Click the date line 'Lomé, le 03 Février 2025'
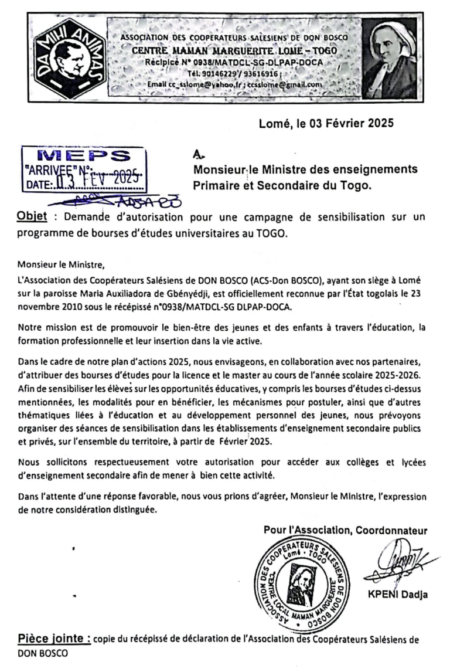click(x=327, y=124)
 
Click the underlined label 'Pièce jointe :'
click(x=53, y=639)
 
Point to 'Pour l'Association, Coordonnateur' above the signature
click(x=346, y=531)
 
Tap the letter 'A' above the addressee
click(x=198, y=155)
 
